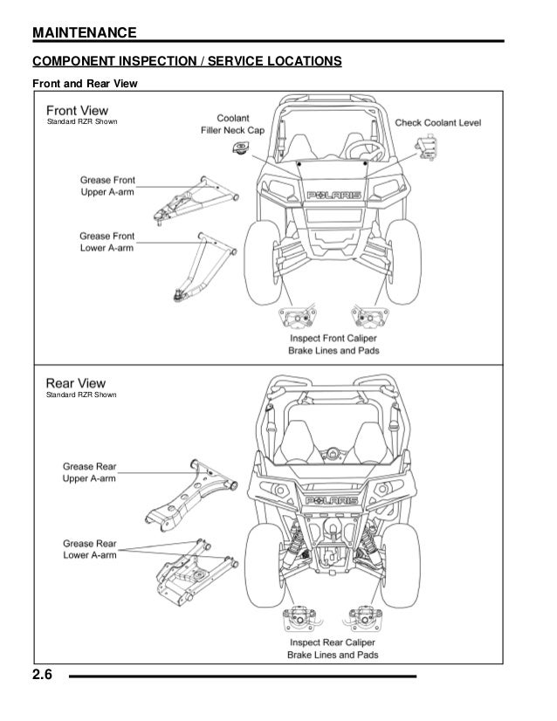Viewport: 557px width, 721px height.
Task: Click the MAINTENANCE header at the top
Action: [84, 33]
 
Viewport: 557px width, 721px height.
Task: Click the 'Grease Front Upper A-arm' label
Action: [107, 186]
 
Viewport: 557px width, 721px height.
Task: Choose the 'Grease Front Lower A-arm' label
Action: [107, 241]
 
